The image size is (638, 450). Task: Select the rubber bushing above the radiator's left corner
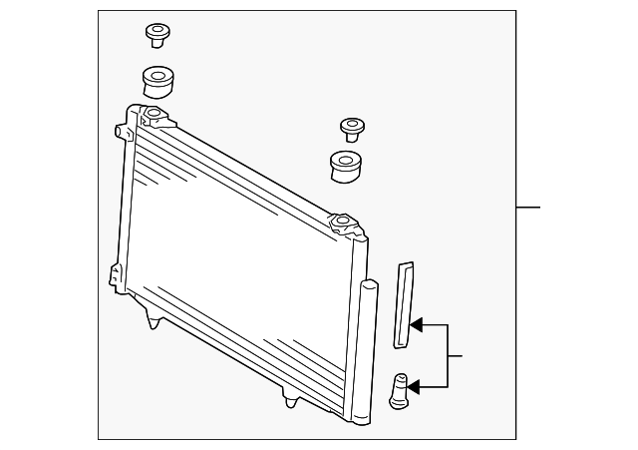(x=158, y=82)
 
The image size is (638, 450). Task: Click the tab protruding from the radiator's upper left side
(x=122, y=131)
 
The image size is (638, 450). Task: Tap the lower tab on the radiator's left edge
(x=114, y=272)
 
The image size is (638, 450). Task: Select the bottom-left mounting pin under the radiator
(x=153, y=320)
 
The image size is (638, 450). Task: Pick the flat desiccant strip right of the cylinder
(x=403, y=305)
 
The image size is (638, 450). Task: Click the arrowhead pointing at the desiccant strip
(x=417, y=324)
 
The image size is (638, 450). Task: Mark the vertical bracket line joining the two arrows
(x=448, y=355)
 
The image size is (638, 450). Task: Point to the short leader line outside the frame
(x=527, y=208)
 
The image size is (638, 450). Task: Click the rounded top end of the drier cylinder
(x=368, y=285)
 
